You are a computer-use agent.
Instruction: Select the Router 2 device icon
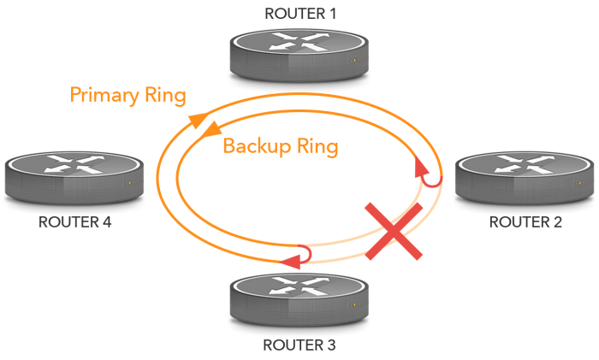click(x=525, y=177)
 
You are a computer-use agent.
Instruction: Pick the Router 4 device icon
click(x=74, y=177)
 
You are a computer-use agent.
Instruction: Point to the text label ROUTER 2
click(x=525, y=223)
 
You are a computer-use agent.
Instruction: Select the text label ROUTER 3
click(x=299, y=345)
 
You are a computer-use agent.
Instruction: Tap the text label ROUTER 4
click(x=75, y=223)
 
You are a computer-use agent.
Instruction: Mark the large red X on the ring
click(x=394, y=231)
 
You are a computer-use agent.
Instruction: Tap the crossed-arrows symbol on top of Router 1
click(x=299, y=43)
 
